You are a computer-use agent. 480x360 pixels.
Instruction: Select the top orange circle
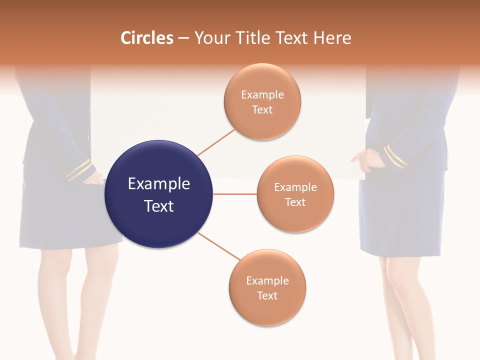pos(262,101)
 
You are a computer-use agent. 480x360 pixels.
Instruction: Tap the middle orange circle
pos(295,194)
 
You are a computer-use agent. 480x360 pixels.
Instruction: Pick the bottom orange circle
pos(267,287)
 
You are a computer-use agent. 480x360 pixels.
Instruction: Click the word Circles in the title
pos(147,38)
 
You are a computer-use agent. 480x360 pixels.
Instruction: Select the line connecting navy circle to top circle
pos(216,142)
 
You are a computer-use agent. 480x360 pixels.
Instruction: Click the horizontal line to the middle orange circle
pos(234,194)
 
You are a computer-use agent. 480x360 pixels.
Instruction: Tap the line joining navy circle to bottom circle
pos(219,246)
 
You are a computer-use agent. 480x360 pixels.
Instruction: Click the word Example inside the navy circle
pos(159,184)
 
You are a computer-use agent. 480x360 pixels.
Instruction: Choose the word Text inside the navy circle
pos(159,206)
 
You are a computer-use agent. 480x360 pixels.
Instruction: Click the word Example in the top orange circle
pos(262,94)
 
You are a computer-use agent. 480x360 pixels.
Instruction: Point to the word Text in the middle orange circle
pos(295,202)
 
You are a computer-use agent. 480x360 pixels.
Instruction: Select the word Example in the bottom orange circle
pos(267,280)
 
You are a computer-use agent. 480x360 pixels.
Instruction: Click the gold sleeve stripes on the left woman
pos(79,170)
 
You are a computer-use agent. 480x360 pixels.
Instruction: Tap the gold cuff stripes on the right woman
pos(395,156)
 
